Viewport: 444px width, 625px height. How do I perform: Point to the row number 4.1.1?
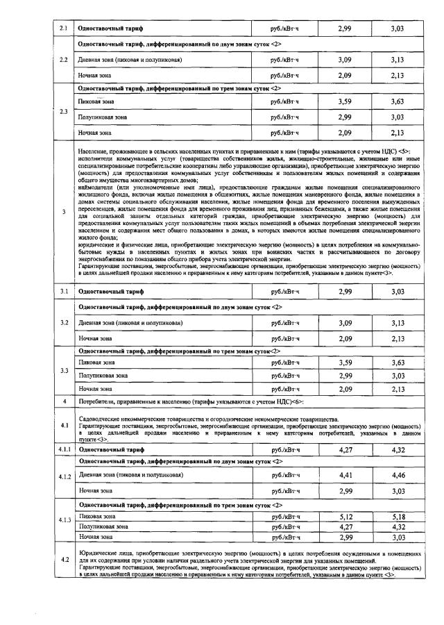[x=65, y=450]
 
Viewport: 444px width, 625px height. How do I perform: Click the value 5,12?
[x=345, y=517]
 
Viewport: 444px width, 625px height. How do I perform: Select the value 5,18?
[x=398, y=517]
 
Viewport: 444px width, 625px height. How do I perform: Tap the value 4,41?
[x=345, y=475]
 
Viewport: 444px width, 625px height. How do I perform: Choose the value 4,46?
[x=398, y=475]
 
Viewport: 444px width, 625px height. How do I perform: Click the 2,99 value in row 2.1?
[x=345, y=28]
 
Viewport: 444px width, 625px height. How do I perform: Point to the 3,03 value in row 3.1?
[x=398, y=292]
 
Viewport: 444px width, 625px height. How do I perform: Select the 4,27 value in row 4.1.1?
[x=345, y=450]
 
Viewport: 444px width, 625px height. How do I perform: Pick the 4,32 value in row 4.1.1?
[x=398, y=450]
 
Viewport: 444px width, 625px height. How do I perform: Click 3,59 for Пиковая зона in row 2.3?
[x=345, y=102]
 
